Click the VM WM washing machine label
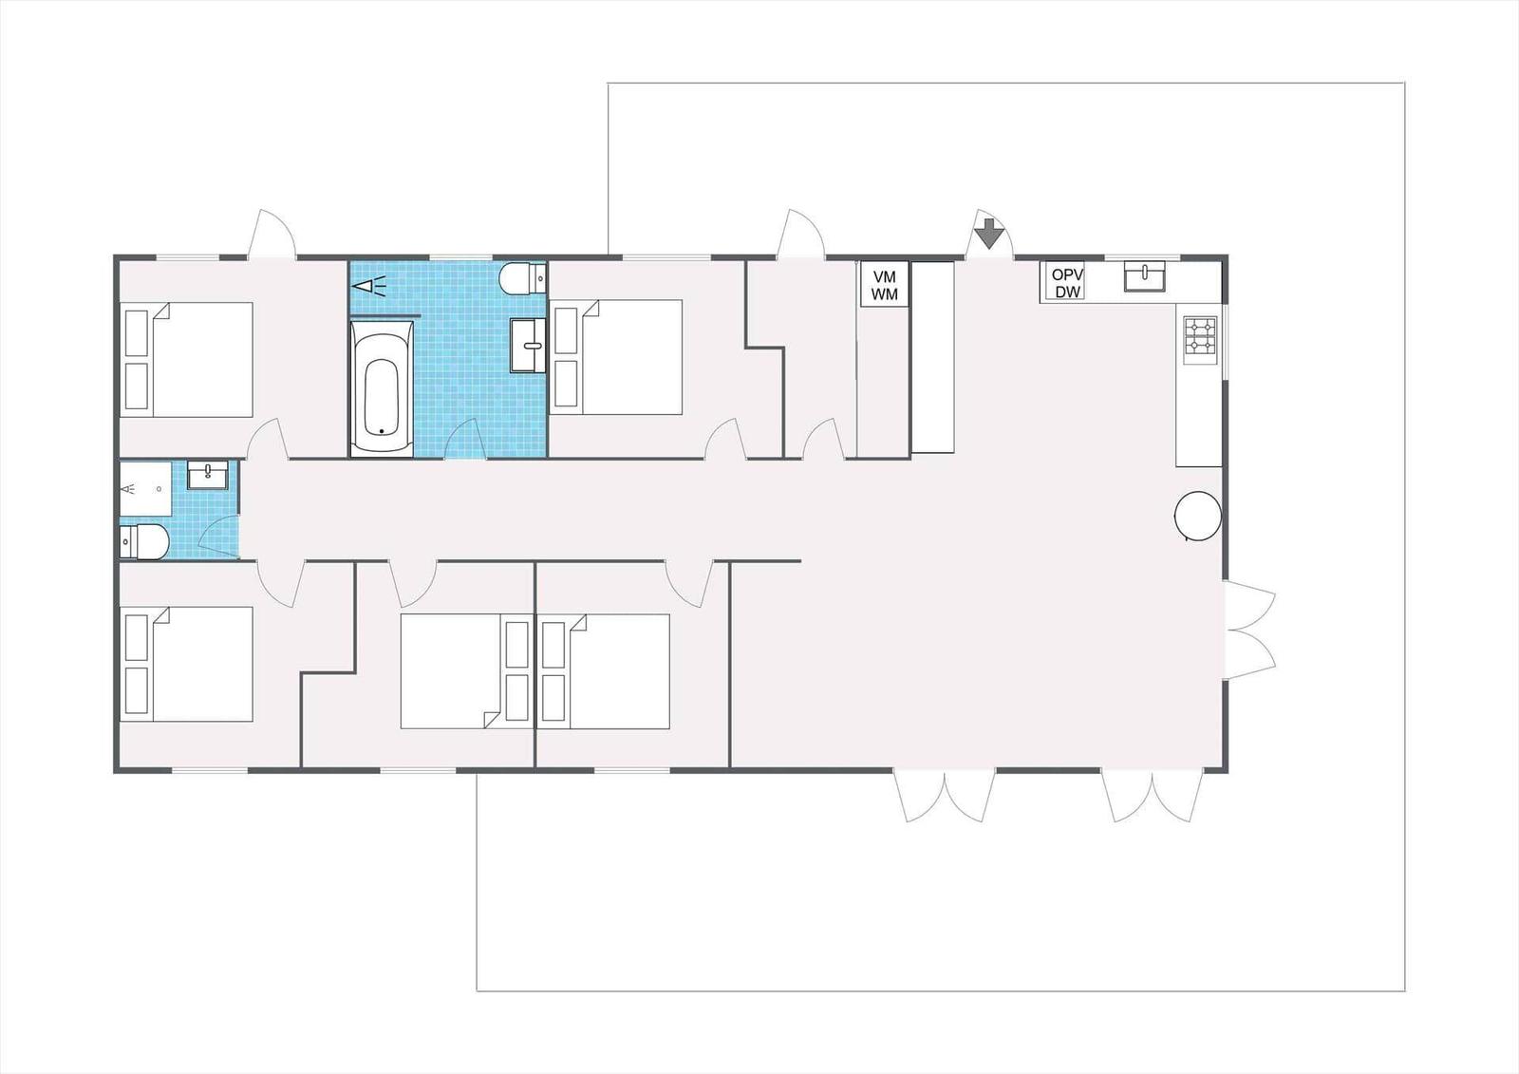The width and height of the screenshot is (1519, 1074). (884, 285)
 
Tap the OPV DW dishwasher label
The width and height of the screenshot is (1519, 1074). (1067, 283)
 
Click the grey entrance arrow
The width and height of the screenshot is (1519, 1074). (989, 234)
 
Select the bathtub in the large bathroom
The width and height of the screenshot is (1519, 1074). (381, 388)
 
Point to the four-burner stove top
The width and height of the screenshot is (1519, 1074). (1200, 336)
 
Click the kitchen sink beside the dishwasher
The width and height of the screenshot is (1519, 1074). (1145, 276)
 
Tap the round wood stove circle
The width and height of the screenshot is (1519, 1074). (1197, 516)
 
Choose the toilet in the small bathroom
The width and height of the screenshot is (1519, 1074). (143, 541)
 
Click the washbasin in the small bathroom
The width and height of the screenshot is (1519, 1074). (208, 474)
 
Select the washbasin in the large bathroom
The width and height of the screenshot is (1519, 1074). (528, 346)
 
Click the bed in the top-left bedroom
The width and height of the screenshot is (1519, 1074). (186, 360)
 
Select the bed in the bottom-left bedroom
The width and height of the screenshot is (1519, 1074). (186, 664)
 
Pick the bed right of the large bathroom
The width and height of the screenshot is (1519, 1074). (616, 357)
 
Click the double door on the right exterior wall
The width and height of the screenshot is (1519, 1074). (1249, 630)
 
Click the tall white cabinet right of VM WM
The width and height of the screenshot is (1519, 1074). (932, 357)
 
